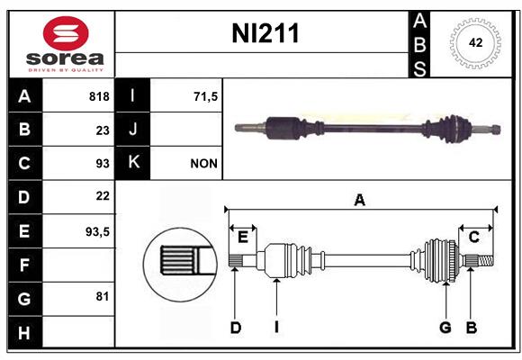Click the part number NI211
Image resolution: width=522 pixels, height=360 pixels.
point(265,33)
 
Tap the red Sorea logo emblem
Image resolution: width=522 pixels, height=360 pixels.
point(66,33)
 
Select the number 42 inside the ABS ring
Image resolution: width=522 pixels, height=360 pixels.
point(475,42)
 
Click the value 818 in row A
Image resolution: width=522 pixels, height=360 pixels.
point(99,96)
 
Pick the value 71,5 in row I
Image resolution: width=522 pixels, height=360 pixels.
point(205,96)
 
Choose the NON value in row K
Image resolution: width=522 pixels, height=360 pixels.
point(203,164)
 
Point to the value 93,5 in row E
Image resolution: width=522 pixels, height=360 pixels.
point(97,231)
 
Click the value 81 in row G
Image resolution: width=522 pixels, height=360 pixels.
point(103,296)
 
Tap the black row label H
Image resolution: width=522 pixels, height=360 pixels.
point(24,332)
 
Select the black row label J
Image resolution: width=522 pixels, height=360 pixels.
point(133,130)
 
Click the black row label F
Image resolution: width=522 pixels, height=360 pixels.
point(24,265)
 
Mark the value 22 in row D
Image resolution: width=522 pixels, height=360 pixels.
point(103,196)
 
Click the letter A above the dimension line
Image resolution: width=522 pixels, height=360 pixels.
point(359,200)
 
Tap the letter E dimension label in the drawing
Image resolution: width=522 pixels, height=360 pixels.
point(243,237)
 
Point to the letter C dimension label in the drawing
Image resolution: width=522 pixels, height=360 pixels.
point(473,237)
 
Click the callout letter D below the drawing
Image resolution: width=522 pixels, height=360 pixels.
point(236,328)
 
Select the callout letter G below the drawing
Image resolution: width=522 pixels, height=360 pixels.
point(445,328)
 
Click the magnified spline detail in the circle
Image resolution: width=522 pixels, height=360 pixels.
point(181,265)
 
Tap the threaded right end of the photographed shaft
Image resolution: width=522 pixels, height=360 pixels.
point(495,130)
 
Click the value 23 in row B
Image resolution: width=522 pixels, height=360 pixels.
point(103,130)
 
